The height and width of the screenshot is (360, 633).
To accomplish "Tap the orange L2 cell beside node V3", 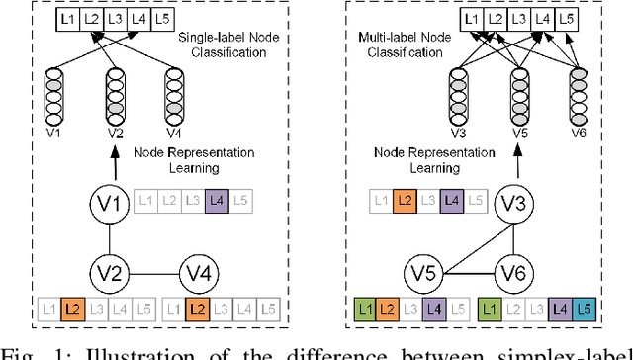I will point(405,203).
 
